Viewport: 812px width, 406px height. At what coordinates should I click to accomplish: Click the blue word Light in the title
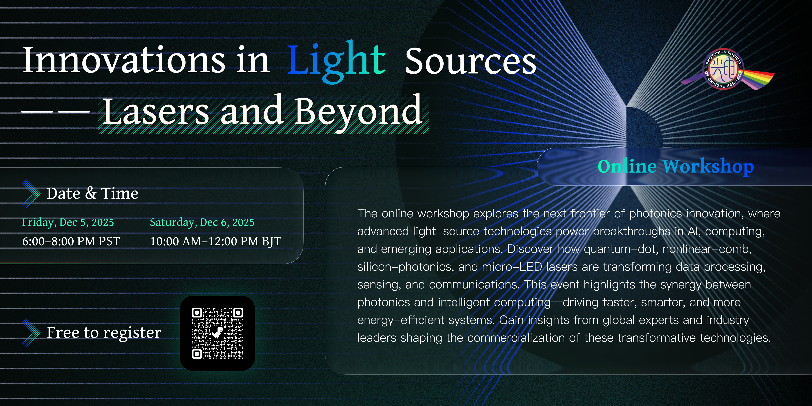pyautogui.click(x=336, y=62)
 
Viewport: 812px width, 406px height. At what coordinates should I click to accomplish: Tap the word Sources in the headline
pyautogui.click(x=470, y=61)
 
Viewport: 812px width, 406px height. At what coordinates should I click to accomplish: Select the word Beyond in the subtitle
pyautogui.click(x=358, y=113)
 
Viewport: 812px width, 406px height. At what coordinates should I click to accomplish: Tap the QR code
pyautogui.click(x=218, y=333)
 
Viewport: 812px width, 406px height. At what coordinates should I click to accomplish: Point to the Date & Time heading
pyautogui.click(x=92, y=193)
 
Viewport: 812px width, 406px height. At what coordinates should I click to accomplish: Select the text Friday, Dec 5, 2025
pyautogui.click(x=68, y=222)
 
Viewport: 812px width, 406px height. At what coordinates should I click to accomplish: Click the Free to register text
pyautogui.click(x=104, y=333)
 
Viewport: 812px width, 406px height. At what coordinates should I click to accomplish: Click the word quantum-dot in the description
pyautogui.click(x=621, y=249)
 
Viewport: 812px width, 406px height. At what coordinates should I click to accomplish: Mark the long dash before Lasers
pyautogui.click(x=55, y=112)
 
